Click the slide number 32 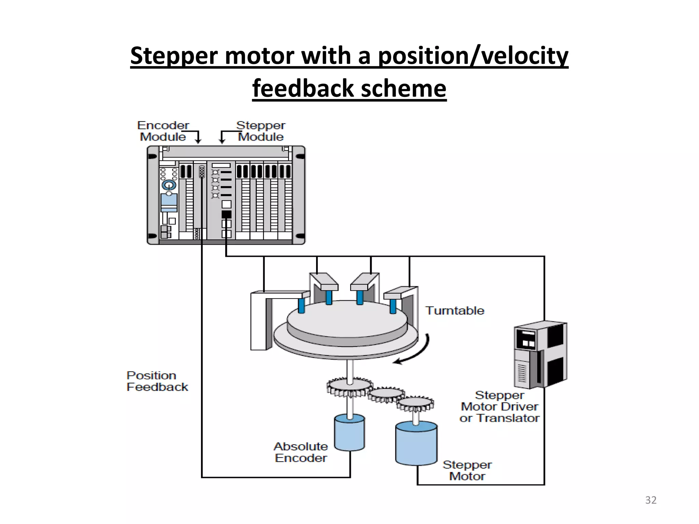point(651,500)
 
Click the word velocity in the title point(524,56)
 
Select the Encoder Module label point(163,131)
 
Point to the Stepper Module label point(261,131)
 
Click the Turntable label point(455,311)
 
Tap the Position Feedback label point(157,381)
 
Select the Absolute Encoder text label point(301,452)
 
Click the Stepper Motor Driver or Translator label point(499,407)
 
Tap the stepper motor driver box point(540,355)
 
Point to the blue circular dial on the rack point(169,185)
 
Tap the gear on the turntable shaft point(349,387)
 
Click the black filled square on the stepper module point(226,214)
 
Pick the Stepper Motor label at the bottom point(467,470)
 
